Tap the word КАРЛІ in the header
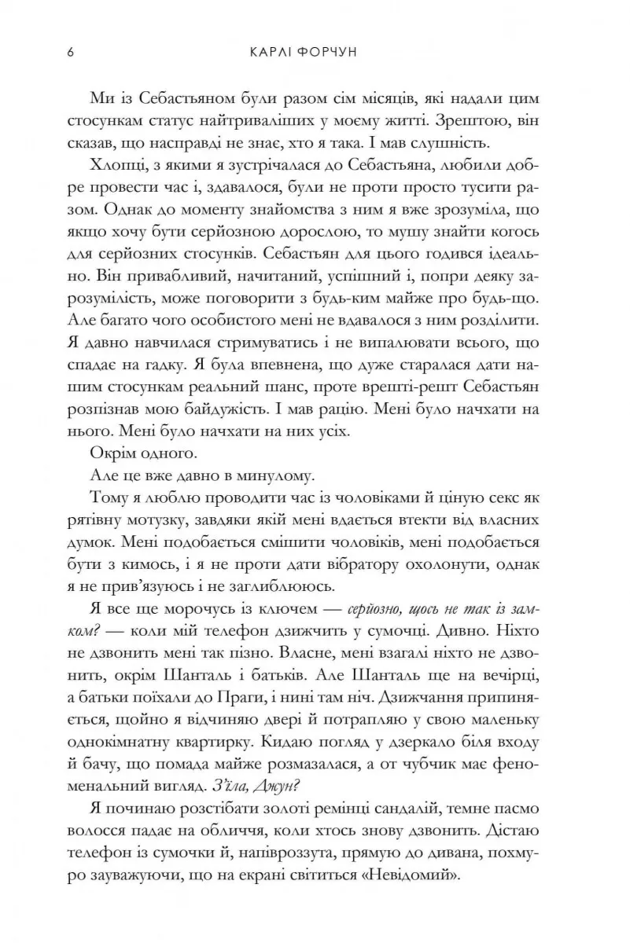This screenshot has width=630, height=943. point(276,53)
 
